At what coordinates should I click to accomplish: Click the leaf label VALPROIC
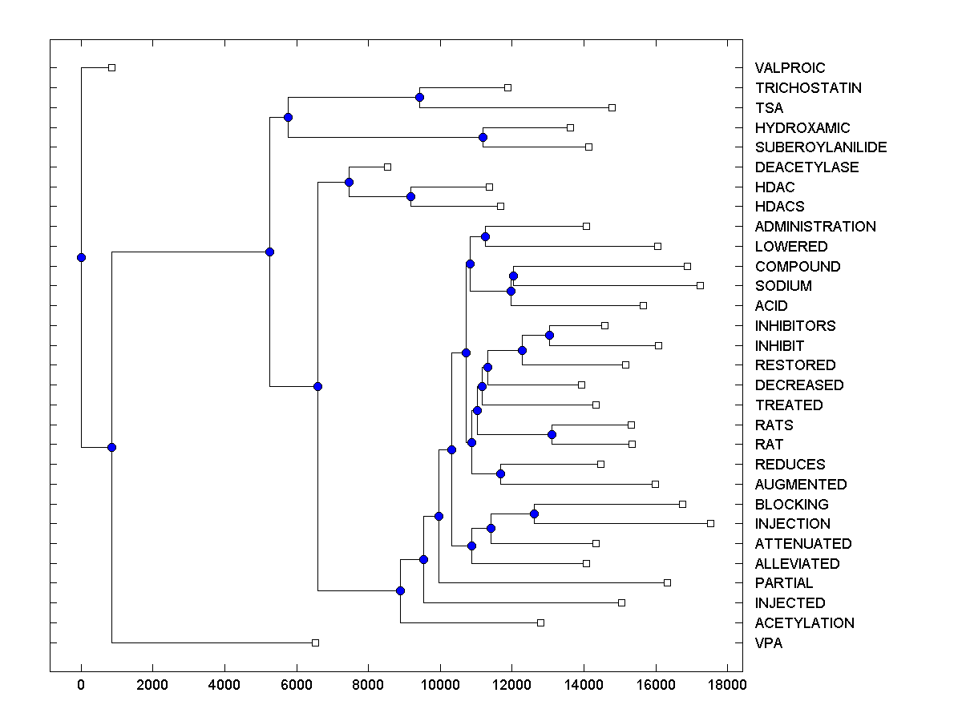coord(790,68)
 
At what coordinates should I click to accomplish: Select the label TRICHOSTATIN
coord(808,88)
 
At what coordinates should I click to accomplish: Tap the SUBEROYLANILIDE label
coord(821,147)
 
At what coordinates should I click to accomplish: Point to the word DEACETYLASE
coord(806,167)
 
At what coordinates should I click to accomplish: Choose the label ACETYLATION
coord(804,623)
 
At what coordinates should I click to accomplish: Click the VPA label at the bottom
coord(769,643)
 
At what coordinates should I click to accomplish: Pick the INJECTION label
coord(792,524)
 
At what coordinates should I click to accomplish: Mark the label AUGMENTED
coord(800,485)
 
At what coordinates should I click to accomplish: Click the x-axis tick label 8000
coord(368,686)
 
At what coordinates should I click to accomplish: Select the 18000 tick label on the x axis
coord(727,686)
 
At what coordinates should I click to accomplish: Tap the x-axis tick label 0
coord(81,686)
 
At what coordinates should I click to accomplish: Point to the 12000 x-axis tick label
coord(511,686)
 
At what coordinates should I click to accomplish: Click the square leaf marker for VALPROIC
coord(112,67)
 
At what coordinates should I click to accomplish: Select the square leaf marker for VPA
coord(315,642)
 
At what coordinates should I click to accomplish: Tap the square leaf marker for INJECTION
coord(710,523)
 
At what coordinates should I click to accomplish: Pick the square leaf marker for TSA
coord(612,107)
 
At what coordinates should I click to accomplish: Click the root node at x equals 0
coord(81,257)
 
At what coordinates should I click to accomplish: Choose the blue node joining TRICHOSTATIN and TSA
coord(419,97)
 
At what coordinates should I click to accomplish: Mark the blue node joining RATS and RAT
coord(552,434)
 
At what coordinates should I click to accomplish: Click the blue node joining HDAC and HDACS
coord(410,196)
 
